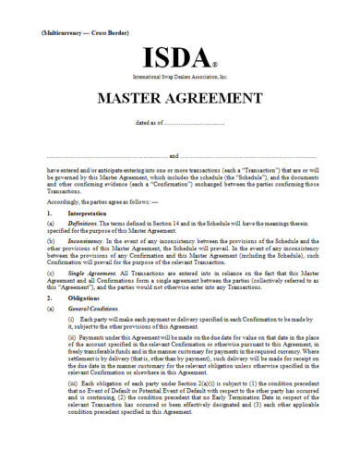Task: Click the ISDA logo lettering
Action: (x=176, y=57)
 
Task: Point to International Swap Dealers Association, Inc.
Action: (x=180, y=79)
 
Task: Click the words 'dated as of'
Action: (x=150, y=122)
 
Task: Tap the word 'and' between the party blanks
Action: (x=174, y=156)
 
